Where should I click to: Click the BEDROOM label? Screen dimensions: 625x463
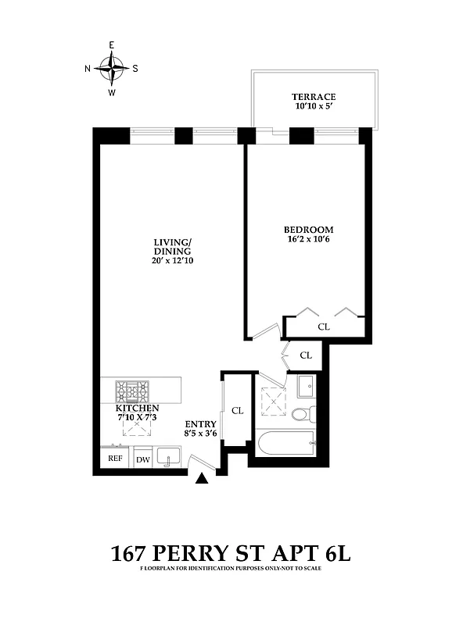tap(308, 230)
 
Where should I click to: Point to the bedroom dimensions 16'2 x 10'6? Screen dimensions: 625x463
tap(308, 240)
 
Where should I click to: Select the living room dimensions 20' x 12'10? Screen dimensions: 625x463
tap(173, 261)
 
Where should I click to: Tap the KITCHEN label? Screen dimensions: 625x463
tap(138, 409)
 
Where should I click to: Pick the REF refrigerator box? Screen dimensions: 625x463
tap(115, 459)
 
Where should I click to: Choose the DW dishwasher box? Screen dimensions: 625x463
tap(143, 459)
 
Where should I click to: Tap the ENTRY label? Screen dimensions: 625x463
tap(200, 424)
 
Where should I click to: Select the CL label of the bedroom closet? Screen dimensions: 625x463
tap(323, 327)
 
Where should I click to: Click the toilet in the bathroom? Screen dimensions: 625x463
tap(303, 413)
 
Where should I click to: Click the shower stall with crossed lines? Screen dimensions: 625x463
tap(271, 399)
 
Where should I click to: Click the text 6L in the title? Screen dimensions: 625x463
tap(335, 555)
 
